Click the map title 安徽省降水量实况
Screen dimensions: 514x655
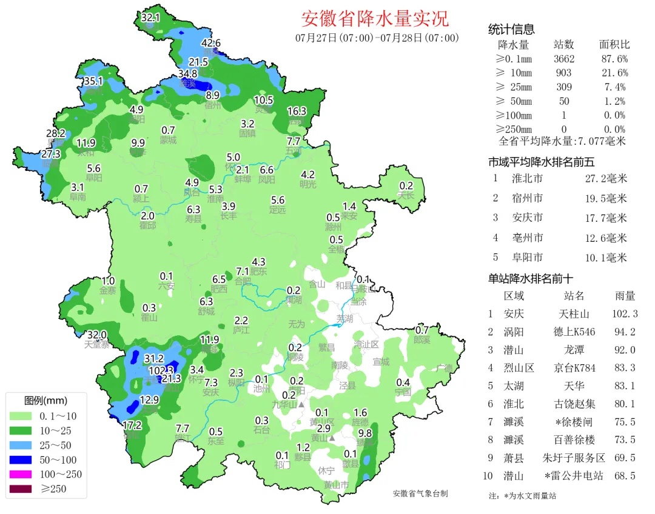point(375,18)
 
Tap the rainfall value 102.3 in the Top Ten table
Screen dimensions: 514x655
point(625,314)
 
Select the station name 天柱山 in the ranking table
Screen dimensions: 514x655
point(574,314)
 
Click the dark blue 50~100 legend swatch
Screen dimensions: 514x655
point(21,460)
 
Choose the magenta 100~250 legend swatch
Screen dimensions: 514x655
point(21,475)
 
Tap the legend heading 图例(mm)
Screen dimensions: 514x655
point(46,401)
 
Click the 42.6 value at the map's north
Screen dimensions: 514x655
point(210,43)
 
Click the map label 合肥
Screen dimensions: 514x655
point(243,281)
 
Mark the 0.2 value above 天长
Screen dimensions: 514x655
point(406,185)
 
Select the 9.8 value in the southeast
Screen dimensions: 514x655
point(365,433)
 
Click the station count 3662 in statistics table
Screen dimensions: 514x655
point(564,59)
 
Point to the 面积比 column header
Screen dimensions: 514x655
point(614,45)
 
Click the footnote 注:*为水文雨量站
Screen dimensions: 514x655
point(522,496)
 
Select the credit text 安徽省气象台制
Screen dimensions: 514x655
point(420,493)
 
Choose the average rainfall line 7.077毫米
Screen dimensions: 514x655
point(562,142)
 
